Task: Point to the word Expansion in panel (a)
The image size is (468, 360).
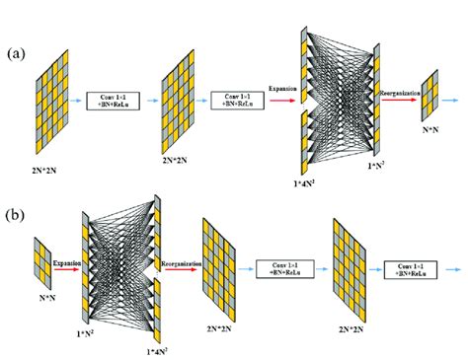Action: pos(282,90)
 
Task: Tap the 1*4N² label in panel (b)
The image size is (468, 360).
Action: pos(155,350)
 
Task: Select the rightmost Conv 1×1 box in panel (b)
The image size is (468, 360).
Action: pos(406,268)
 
